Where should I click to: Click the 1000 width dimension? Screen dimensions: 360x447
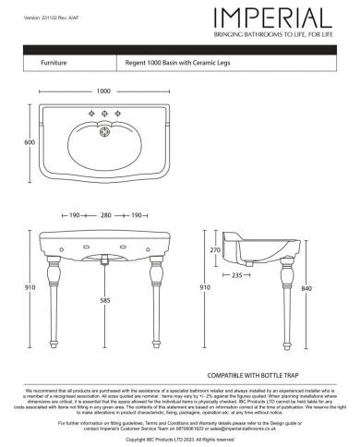pyautogui.click(x=103, y=91)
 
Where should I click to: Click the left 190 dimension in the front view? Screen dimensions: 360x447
pyautogui.click(x=73, y=215)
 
